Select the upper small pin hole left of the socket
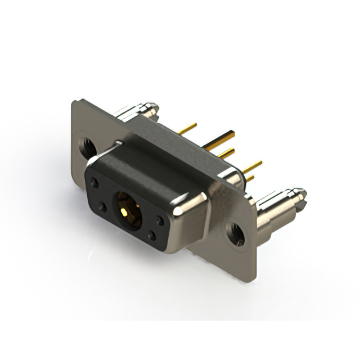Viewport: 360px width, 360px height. coord(95,183)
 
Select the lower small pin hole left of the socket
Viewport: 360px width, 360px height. coord(102,208)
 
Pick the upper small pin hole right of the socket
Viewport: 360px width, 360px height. coord(160,220)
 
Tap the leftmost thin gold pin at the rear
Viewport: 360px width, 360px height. coord(188,129)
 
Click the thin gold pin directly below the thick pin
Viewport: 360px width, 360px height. coord(226,152)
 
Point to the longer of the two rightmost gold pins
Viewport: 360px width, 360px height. coord(253,166)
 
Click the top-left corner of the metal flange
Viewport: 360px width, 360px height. coord(74,102)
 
